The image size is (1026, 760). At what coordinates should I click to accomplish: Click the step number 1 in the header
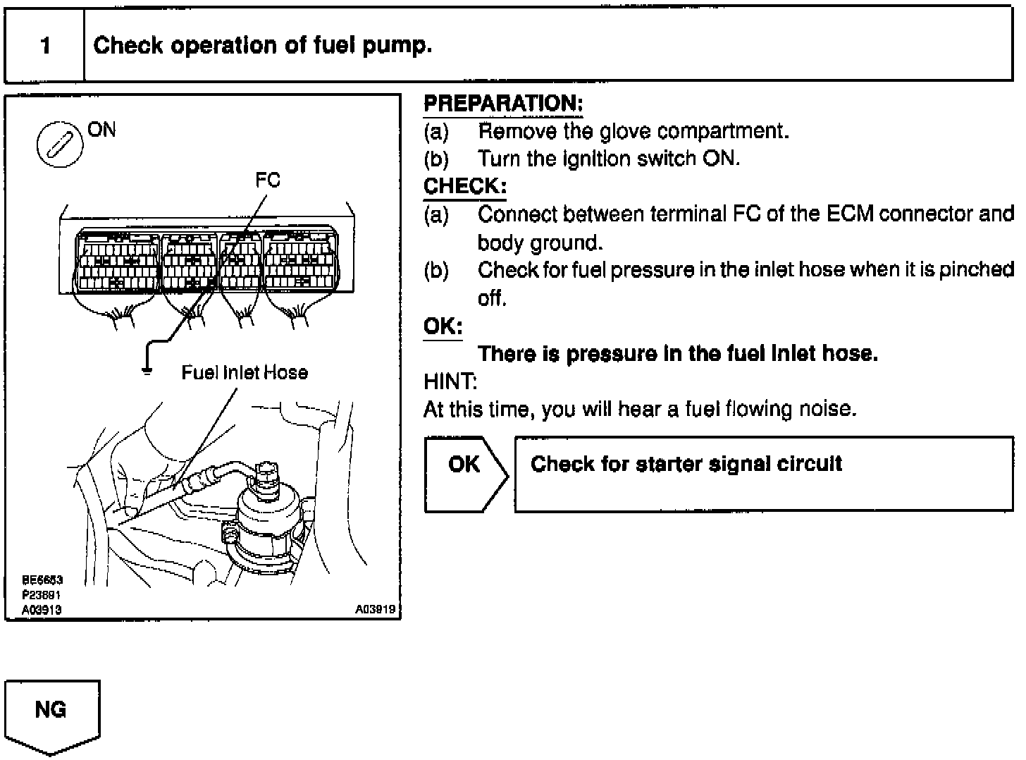[x=45, y=47]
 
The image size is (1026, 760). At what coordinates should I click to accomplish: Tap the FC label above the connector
[x=268, y=180]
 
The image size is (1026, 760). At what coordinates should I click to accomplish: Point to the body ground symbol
[x=147, y=369]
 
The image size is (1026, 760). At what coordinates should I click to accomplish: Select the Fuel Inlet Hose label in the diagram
[x=245, y=372]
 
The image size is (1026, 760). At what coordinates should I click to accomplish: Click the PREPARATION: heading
[x=503, y=104]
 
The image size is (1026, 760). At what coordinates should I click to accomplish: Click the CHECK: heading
[x=464, y=187]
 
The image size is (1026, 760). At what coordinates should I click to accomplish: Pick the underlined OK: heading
[x=443, y=326]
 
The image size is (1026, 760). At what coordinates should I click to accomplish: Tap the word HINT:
[x=450, y=382]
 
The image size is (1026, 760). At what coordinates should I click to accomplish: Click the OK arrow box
[x=465, y=473]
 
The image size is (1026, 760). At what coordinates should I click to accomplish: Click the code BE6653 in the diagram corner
[x=42, y=580]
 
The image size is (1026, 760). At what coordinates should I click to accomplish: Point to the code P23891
[x=42, y=595]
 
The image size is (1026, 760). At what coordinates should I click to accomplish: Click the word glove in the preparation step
[x=626, y=131]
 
